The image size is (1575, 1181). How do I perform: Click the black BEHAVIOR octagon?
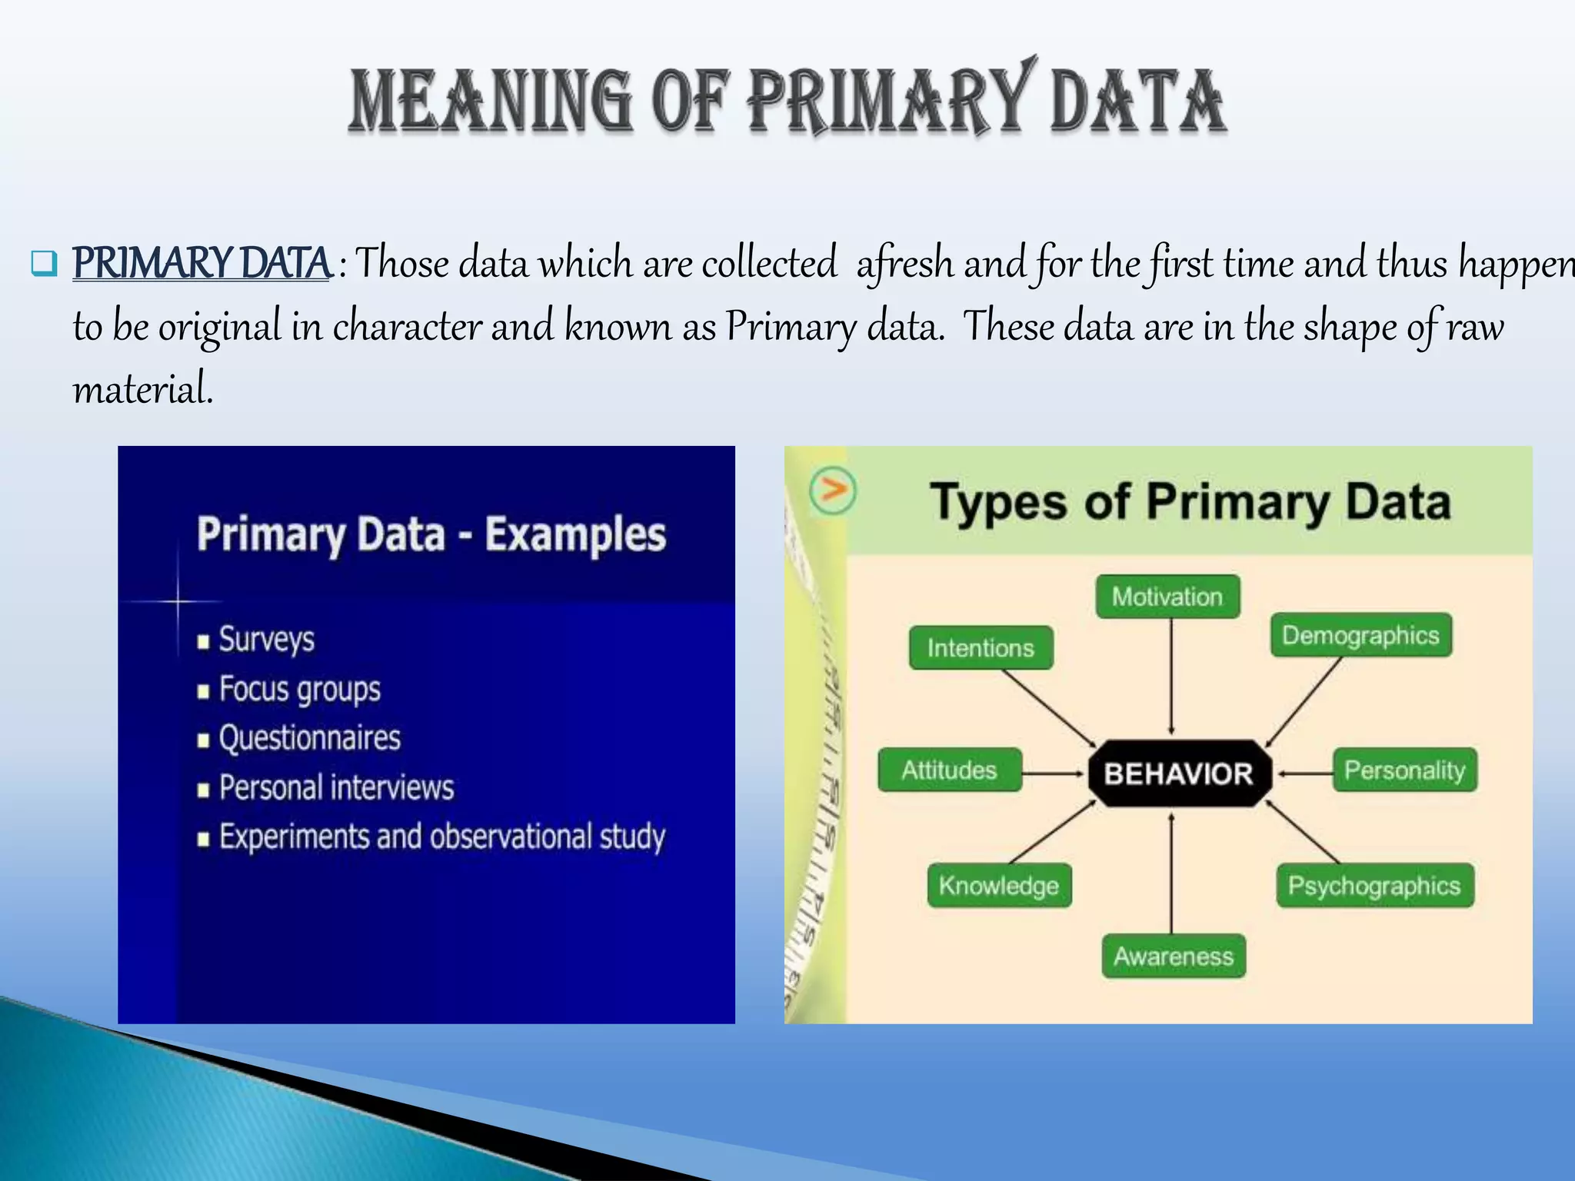coord(1178,773)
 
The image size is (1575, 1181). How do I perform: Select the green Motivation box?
coord(1167,597)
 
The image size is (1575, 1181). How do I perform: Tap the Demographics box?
coord(1360,635)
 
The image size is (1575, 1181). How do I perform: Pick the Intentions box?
coord(981,647)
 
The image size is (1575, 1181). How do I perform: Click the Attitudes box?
coord(949,770)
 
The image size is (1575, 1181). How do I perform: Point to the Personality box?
coord(1404,770)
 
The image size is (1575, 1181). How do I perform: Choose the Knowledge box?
coord(998,886)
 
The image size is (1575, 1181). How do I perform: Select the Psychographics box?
coord(1374,886)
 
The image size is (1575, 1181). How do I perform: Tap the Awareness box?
coord(1173,956)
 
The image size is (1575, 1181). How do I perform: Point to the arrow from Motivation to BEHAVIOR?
coord(1171,677)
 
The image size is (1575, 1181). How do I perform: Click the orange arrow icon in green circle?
coord(833,490)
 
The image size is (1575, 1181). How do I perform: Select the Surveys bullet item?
coord(266,640)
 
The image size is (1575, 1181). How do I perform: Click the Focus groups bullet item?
coord(299,690)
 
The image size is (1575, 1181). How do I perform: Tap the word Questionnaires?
coord(310,738)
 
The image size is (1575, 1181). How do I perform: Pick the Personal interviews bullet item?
coord(336,788)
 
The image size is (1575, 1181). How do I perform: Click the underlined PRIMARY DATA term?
coord(201,263)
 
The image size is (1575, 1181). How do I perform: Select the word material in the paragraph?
coord(142,389)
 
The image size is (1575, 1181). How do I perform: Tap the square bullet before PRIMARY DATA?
coord(44,264)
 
